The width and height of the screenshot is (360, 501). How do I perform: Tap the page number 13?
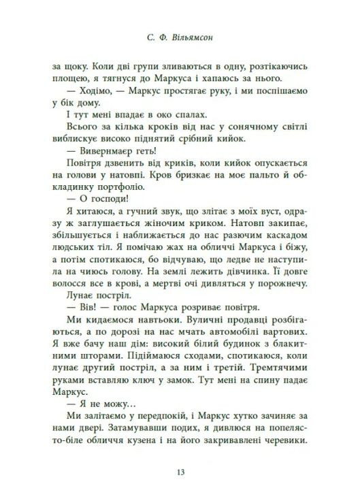coord(180,472)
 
